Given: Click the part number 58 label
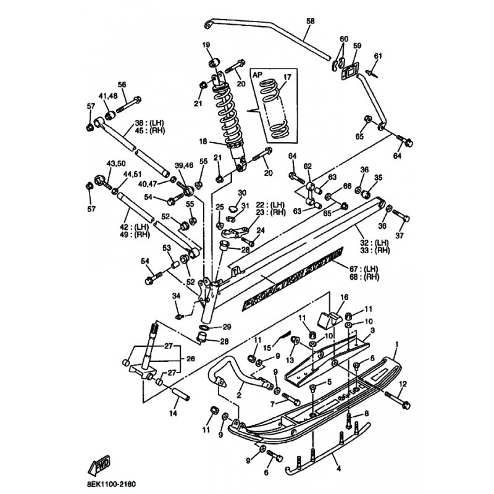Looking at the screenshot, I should (x=310, y=21).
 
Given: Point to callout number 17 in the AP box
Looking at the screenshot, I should (x=286, y=77).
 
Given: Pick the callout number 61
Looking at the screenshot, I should (x=378, y=56).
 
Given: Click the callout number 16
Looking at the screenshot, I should (x=337, y=298).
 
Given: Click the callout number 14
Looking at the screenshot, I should (x=173, y=414).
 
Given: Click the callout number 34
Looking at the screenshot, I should (x=177, y=297).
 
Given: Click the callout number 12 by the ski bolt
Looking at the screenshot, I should (x=403, y=383).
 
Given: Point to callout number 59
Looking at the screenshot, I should (x=356, y=46).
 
